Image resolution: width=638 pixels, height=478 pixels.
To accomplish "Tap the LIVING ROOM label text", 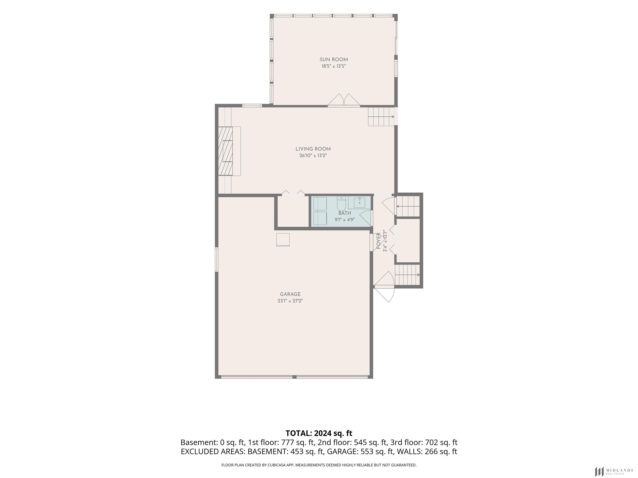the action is point(313,149).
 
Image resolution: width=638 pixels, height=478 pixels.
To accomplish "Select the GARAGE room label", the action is point(290,294).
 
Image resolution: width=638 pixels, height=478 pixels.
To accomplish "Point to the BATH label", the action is point(345,213).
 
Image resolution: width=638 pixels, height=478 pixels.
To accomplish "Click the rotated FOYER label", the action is point(379,241).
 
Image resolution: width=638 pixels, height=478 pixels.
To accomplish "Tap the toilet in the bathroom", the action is point(341,204).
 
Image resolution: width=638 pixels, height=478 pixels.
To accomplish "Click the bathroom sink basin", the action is point(360,203).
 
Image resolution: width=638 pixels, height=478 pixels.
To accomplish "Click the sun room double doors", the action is point(344,100).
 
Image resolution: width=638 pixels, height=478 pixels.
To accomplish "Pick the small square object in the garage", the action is point(283,240).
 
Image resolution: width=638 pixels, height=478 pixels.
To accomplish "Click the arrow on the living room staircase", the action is point(381,117).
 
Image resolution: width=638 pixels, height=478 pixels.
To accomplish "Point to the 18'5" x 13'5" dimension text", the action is point(334,66).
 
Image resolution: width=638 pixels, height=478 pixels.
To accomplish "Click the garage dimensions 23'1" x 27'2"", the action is point(290,301).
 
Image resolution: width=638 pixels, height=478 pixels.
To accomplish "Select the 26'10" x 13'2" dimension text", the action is point(313,156).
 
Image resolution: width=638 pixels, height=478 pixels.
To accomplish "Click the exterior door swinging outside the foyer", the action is point(384,294).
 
